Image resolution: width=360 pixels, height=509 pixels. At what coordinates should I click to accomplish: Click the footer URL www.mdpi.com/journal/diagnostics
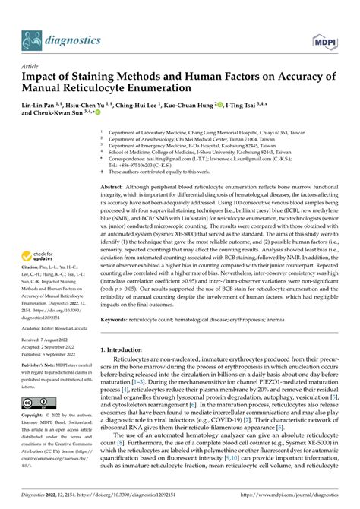[x=292, y=499]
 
